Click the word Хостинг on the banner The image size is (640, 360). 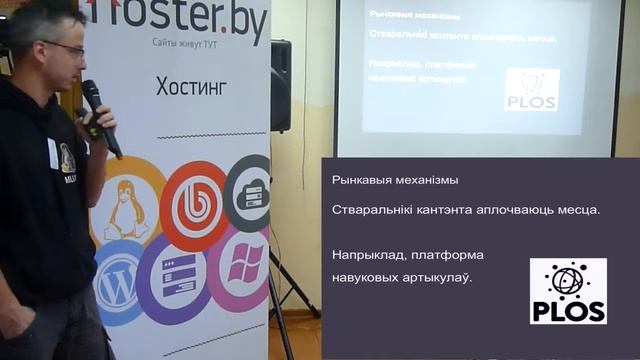pos(192,86)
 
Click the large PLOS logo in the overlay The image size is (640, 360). pos(567,291)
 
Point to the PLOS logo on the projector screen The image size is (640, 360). pos(531,90)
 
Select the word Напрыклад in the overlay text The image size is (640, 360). pos(367,256)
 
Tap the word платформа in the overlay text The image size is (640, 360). pos(447,256)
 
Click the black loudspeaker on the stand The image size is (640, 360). pos(280,85)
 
